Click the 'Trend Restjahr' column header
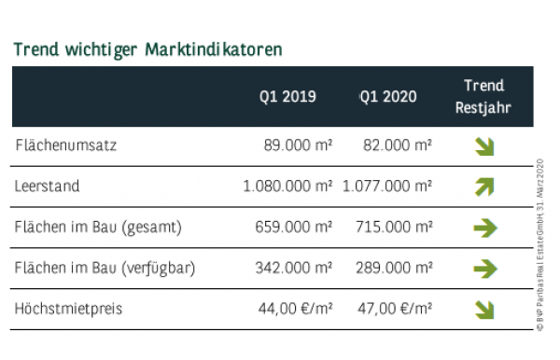click(x=483, y=96)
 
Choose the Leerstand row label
click(x=48, y=187)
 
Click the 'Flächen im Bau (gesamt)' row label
click(x=98, y=227)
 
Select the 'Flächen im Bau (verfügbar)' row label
click(x=105, y=268)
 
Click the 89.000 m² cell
click(x=299, y=145)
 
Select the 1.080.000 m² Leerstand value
click(x=287, y=187)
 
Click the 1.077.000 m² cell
click(x=386, y=187)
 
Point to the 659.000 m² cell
click(x=294, y=227)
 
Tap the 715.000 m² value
click(x=394, y=227)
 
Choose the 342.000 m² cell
click(x=294, y=268)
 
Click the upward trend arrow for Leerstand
click(x=484, y=187)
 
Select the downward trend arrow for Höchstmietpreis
click(x=484, y=309)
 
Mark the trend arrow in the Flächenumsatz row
click(x=484, y=145)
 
